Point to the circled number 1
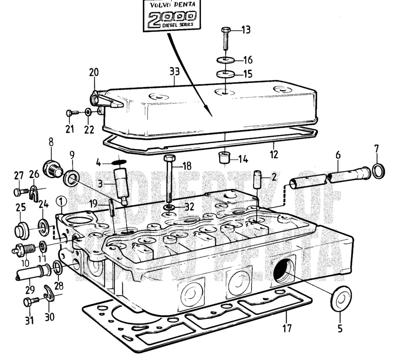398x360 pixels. pos(61,201)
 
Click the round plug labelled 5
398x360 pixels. pos(340,299)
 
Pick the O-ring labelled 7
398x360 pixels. pos(379,170)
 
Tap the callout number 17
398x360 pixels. pos(286,329)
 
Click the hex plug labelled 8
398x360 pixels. pos(53,169)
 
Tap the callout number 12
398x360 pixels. pos(274,154)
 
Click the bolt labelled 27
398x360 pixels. pos(20,192)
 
